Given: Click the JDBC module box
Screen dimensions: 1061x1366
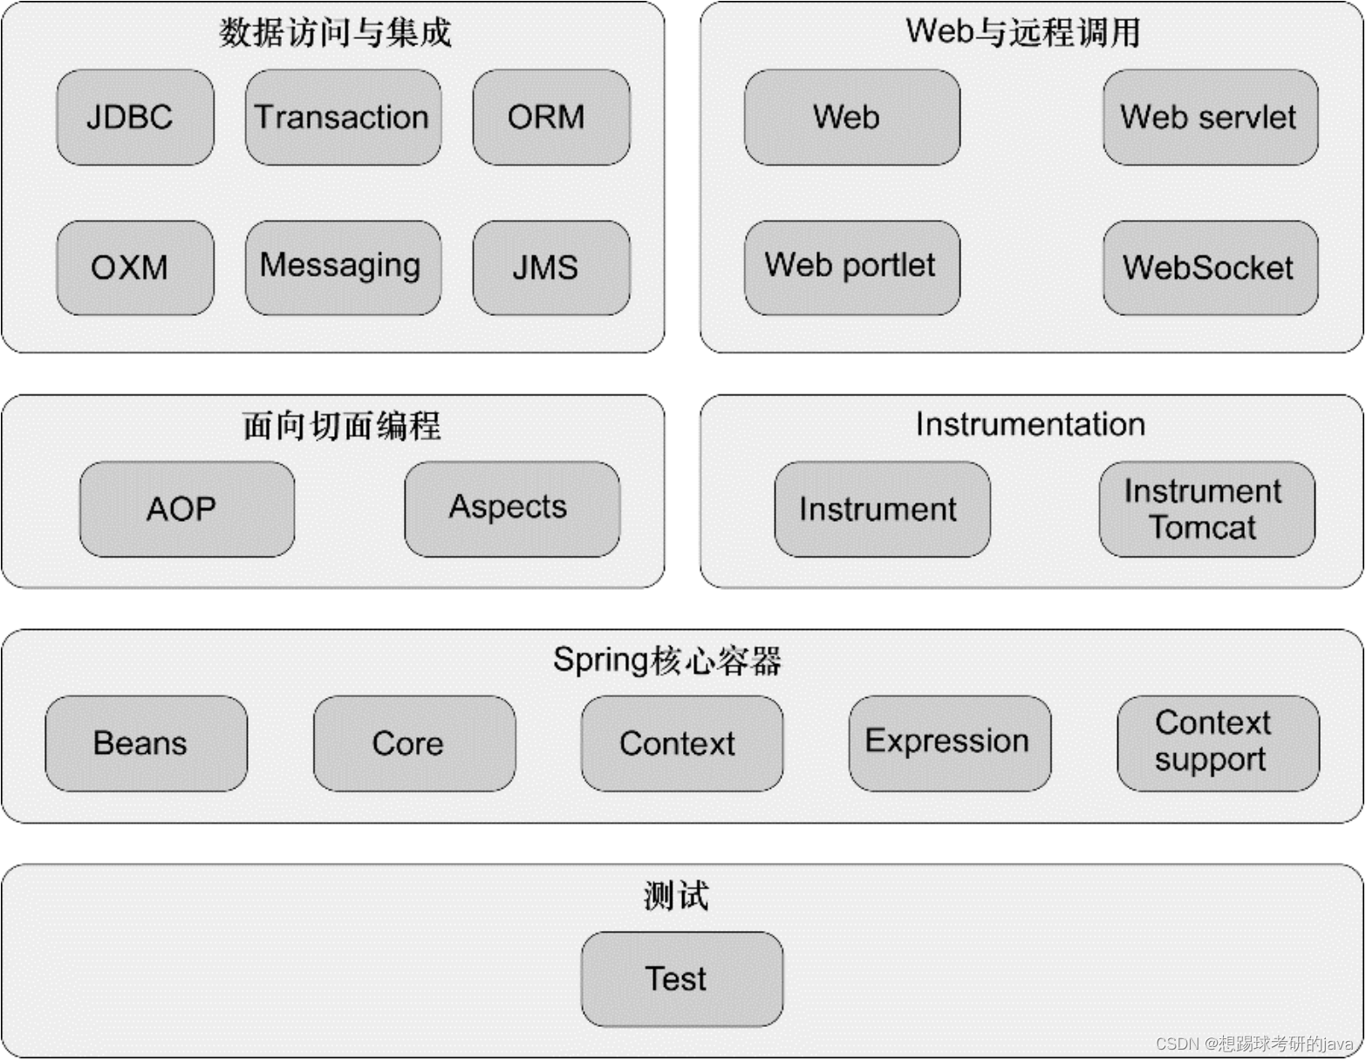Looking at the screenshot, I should (x=135, y=118).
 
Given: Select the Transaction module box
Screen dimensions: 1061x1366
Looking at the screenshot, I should (x=343, y=118).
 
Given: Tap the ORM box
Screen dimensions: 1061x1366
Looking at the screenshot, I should (x=551, y=118).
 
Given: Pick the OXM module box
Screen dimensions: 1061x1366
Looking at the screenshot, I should (x=135, y=268).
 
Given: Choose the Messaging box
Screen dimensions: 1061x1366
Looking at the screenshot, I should (x=343, y=268).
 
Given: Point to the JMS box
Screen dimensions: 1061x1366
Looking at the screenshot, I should (x=551, y=268).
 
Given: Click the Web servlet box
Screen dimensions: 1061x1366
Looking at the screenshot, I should (x=1210, y=118).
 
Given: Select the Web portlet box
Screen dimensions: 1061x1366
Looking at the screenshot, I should (x=851, y=268).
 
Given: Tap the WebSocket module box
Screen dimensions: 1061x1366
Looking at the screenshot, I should (x=1210, y=268).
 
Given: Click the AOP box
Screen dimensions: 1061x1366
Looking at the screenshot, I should (x=187, y=510).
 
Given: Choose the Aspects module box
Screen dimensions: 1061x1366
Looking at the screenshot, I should (x=512, y=510).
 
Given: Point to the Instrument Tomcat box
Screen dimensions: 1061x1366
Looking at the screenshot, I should (x=1206, y=510).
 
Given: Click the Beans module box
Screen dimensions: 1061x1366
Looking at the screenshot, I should (x=146, y=743).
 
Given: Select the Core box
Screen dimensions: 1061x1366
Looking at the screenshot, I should (x=414, y=743).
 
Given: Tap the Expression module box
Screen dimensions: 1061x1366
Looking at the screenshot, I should (x=949, y=743).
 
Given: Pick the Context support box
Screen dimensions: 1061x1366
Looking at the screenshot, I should (x=1218, y=743).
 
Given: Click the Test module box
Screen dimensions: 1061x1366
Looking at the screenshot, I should (x=681, y=979).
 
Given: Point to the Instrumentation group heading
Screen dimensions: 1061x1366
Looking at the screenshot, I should (x=1030, y=425).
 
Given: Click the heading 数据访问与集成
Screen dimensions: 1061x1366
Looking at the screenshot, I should (x=335, y=33).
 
